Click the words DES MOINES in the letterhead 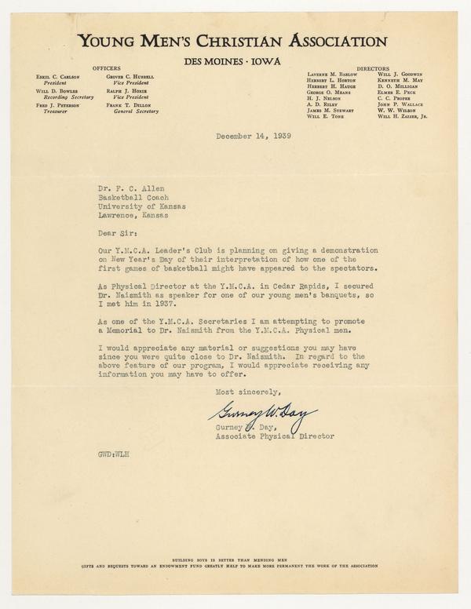tap(214, 60)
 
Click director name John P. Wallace tap(399, 104)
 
